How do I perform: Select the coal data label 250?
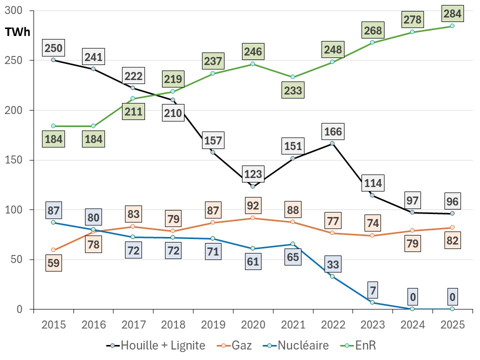click(53, 48)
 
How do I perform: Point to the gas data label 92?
click(252, 205)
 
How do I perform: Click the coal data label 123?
click(252, 175)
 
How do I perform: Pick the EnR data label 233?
click(292, 91)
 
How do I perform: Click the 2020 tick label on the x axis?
click(252, 324)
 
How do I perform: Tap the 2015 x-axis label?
click(53, 324)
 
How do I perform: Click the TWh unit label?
click(17, 32)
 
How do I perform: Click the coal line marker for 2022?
click(332, 143)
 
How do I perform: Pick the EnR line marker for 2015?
click(53, 126)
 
